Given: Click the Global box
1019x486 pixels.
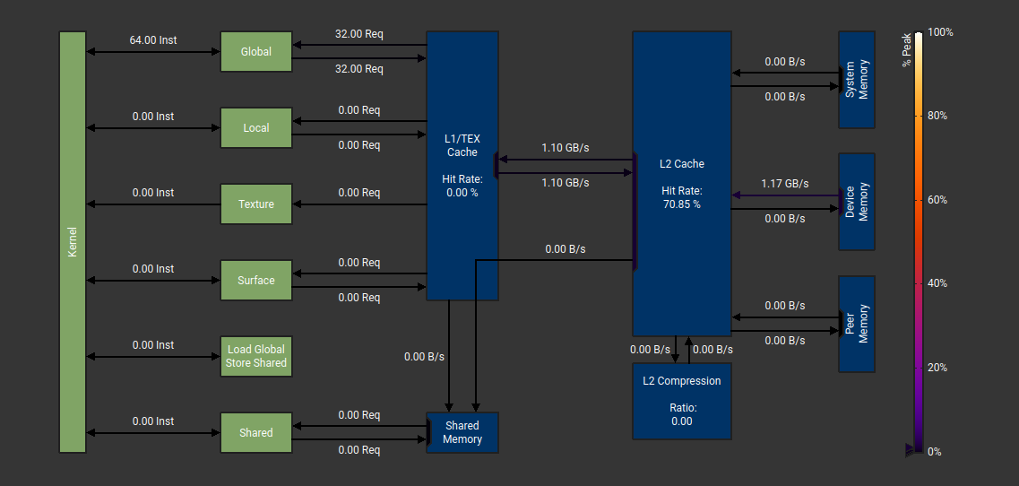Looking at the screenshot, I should tap(256, 52).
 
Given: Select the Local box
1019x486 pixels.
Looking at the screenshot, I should tap(256, 128).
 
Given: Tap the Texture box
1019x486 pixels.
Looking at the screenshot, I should tap(256, 204).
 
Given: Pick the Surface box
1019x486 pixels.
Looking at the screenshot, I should tap(256, 281).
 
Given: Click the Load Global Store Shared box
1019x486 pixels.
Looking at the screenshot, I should tap(256, 357).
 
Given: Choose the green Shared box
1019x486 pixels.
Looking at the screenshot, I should tap(256, 433).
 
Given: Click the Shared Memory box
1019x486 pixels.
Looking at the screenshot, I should tap(462, 433).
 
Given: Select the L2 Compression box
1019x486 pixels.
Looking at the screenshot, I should tap(682, 401).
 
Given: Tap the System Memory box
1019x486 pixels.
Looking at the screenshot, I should tap(857, 80).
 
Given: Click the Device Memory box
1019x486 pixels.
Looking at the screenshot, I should tap(857, 202).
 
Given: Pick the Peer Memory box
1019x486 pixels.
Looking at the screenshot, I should tap(857, 324).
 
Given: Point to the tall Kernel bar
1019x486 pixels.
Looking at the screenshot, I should tap(73, 242).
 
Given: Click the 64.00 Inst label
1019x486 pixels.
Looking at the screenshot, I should tap(153, 40).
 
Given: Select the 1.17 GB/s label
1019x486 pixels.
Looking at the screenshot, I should tap(785, 184).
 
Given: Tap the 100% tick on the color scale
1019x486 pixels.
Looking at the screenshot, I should tap(940, 32).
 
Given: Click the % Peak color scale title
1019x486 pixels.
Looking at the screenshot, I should tap(907, 49).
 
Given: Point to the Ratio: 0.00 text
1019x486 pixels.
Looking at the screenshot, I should tap(682, 414).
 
